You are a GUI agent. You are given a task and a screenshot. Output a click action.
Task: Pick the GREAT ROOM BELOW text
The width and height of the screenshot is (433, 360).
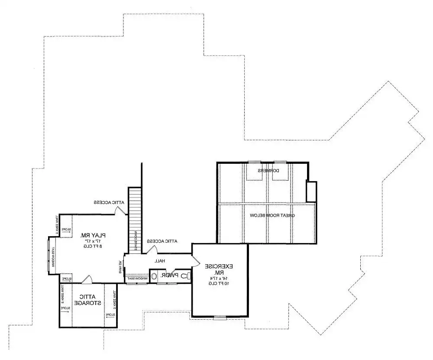272,215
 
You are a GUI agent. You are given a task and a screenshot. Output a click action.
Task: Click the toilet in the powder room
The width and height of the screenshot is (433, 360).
184,275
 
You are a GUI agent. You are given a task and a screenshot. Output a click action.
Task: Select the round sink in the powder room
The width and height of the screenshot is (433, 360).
154,276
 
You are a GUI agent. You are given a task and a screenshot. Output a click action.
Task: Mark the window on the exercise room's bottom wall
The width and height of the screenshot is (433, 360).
220,317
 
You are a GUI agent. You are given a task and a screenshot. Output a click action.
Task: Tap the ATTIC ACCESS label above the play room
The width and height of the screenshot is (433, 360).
109,202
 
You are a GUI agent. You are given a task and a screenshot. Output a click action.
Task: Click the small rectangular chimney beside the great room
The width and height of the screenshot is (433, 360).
311,191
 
